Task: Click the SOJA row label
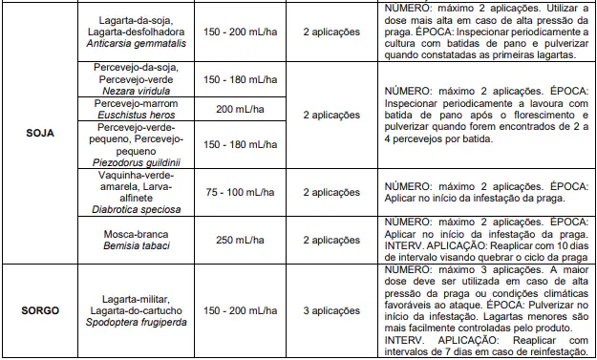40,133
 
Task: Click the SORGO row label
40,310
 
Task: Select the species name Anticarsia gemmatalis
140,45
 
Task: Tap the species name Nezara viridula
140,92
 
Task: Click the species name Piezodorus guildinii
140,161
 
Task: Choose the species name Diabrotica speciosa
140,207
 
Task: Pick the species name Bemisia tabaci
140,245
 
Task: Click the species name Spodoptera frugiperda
140,322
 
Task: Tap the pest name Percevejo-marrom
140,103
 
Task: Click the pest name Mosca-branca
140,233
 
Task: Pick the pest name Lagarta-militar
140,298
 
